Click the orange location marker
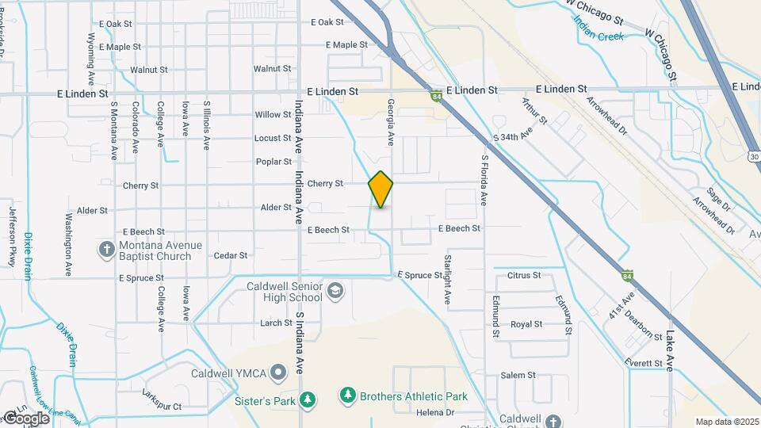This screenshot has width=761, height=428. (380, 189)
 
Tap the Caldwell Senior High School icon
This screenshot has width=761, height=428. (335, 290)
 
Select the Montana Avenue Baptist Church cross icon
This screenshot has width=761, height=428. (107, 250)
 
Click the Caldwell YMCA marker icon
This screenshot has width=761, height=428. (277, 372)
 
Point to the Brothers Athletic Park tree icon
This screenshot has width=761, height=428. (347, 395)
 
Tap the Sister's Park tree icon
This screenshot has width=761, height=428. (312, 400)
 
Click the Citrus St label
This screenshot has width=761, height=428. (524, 276)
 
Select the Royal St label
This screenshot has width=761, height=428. (526, 324)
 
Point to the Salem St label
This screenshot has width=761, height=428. (518, 375)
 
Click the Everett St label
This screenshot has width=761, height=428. (642, 363)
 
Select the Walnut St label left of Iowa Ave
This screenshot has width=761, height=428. (149, 70)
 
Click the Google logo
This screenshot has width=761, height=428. (26, 418)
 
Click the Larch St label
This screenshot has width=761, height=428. (276, 323)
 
